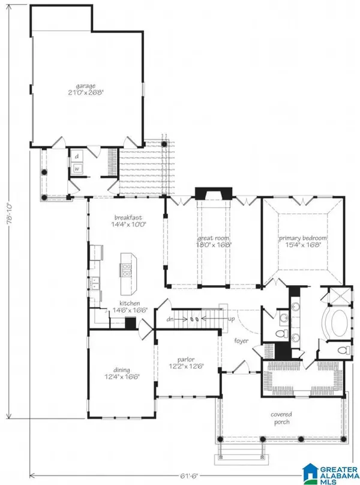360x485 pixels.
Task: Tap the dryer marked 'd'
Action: [77, 157]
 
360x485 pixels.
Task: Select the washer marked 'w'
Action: [77, 169]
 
